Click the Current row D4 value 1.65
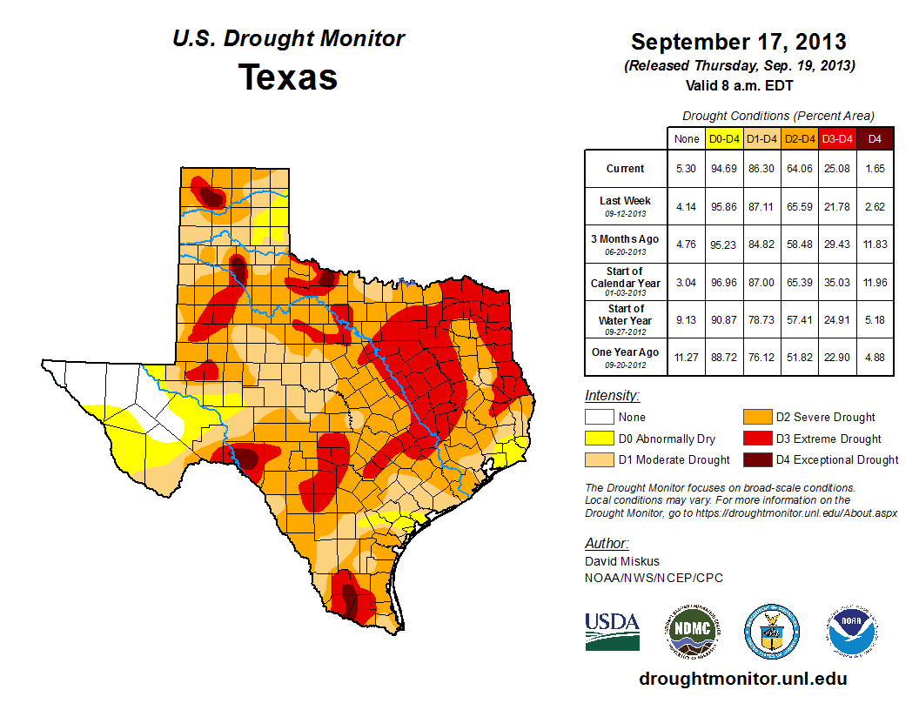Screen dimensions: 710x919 (875, 169)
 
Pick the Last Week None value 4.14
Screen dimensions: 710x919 (687, 206)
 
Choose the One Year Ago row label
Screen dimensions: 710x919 (625, 357)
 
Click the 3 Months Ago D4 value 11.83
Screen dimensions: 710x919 (875, 244)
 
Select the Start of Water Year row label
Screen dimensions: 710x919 (625, 319)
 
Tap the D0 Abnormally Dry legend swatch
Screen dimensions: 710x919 (597, 439)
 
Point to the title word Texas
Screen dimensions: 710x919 (288, 77)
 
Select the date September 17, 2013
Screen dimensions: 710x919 (738, 42)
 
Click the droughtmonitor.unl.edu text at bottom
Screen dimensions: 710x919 (742, 679)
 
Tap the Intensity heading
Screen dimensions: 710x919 (612, 396)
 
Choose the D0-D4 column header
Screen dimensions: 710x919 (724, 138)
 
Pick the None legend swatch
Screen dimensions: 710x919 (597, 417)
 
